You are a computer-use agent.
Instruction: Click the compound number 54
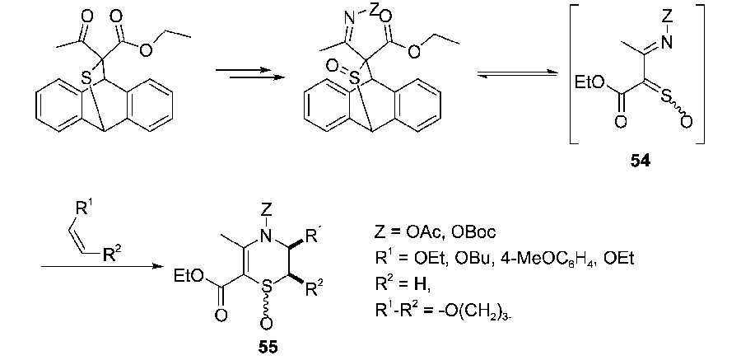tap(640, 161)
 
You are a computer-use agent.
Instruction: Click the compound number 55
tap(268, 348)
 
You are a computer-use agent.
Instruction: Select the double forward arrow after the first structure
tap(250, 73)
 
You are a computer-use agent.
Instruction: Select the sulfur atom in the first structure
tap(86, 77)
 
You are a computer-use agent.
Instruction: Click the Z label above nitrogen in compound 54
tap(667, 18)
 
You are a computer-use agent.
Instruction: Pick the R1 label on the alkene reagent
tap(85, 208)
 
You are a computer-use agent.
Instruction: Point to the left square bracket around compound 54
tap(570, 74)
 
